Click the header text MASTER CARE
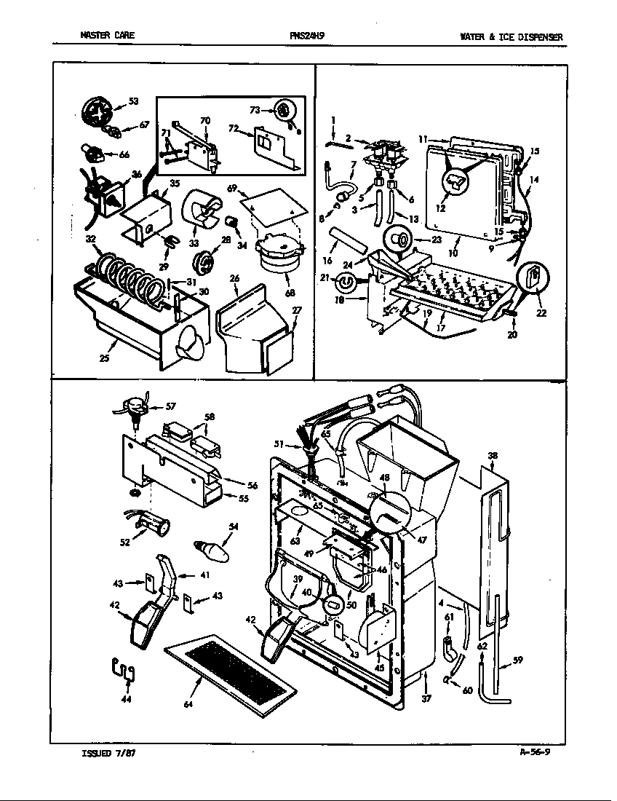coord(107,36)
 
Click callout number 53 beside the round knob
coord(133,101)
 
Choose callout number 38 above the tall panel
coord(493,456)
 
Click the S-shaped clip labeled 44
coord(125,670)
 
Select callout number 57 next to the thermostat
coord(170,406)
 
